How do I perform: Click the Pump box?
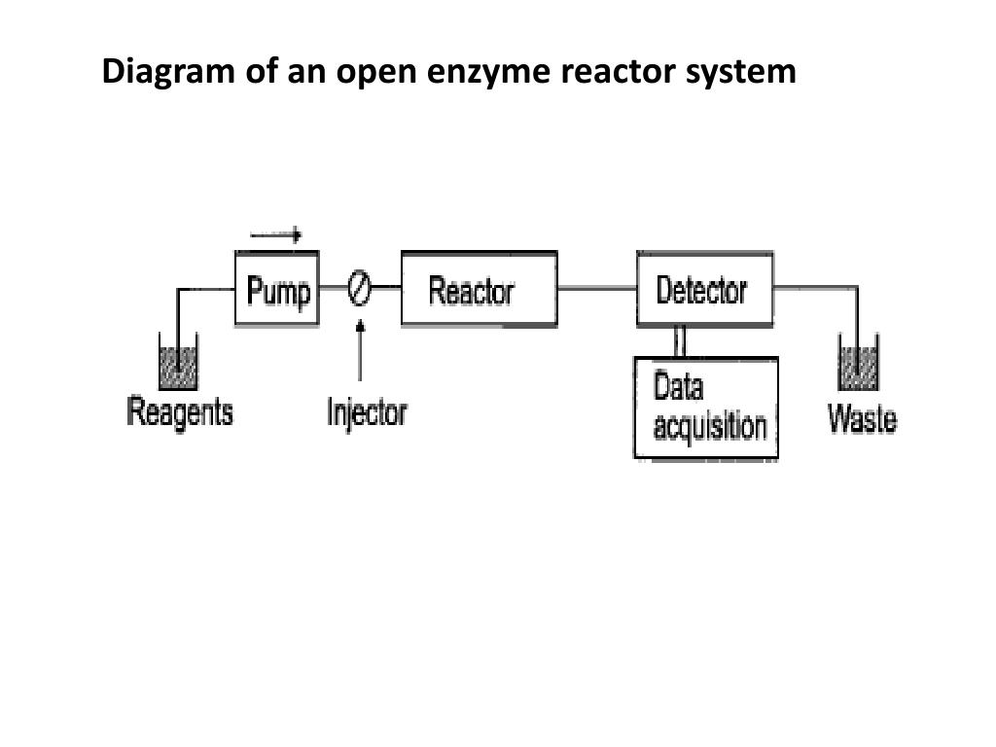277,289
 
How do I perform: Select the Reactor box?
480,289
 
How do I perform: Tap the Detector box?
705,289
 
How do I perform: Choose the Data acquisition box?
706,408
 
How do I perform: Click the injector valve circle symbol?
360,288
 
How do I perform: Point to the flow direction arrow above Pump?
275,235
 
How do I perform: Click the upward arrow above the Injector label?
360,350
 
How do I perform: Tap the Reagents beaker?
179,361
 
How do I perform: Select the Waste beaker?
859,362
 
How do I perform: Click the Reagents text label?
180,412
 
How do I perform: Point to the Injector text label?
367,412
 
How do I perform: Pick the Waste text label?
862,418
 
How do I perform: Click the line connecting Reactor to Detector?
597,288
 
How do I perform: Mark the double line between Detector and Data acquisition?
680,341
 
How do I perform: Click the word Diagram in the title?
168,72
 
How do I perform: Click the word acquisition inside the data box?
710,426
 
